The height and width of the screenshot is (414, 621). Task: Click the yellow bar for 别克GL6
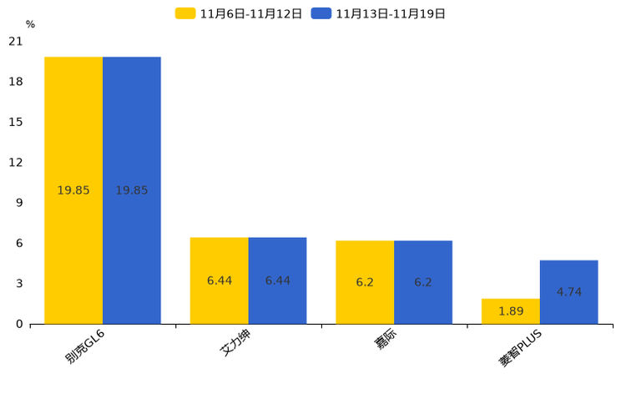click(73, 190)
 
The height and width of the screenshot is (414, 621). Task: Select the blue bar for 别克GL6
click(132, 190)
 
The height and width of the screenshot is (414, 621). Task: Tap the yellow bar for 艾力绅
click(219, 281)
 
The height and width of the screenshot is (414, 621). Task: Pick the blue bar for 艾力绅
click(278, 281)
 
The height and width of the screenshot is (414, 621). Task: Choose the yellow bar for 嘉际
click(365, 282)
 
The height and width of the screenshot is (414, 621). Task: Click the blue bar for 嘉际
click(423, 282)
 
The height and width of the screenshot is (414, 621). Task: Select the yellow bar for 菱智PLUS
click(511, 311)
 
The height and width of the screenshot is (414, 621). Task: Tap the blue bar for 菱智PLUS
click(569, 292)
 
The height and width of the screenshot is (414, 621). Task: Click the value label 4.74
click(569, 292)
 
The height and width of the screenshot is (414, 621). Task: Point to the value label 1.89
click(511, 311)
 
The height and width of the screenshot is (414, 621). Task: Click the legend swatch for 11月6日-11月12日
click(185, 13)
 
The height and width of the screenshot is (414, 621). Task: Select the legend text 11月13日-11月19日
click(391, 14)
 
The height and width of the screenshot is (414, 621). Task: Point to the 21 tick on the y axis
click(16, 41)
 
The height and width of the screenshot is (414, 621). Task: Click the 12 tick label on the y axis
click(16, 163)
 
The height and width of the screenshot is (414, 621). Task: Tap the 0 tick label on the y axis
click(19, 324)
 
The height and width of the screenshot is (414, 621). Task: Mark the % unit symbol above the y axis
click(31, 24)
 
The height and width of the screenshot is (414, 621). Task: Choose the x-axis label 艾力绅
click(235, 343)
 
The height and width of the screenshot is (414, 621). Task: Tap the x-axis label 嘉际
click(386, 339)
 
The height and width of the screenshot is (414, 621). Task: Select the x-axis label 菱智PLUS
click(520, 348)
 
